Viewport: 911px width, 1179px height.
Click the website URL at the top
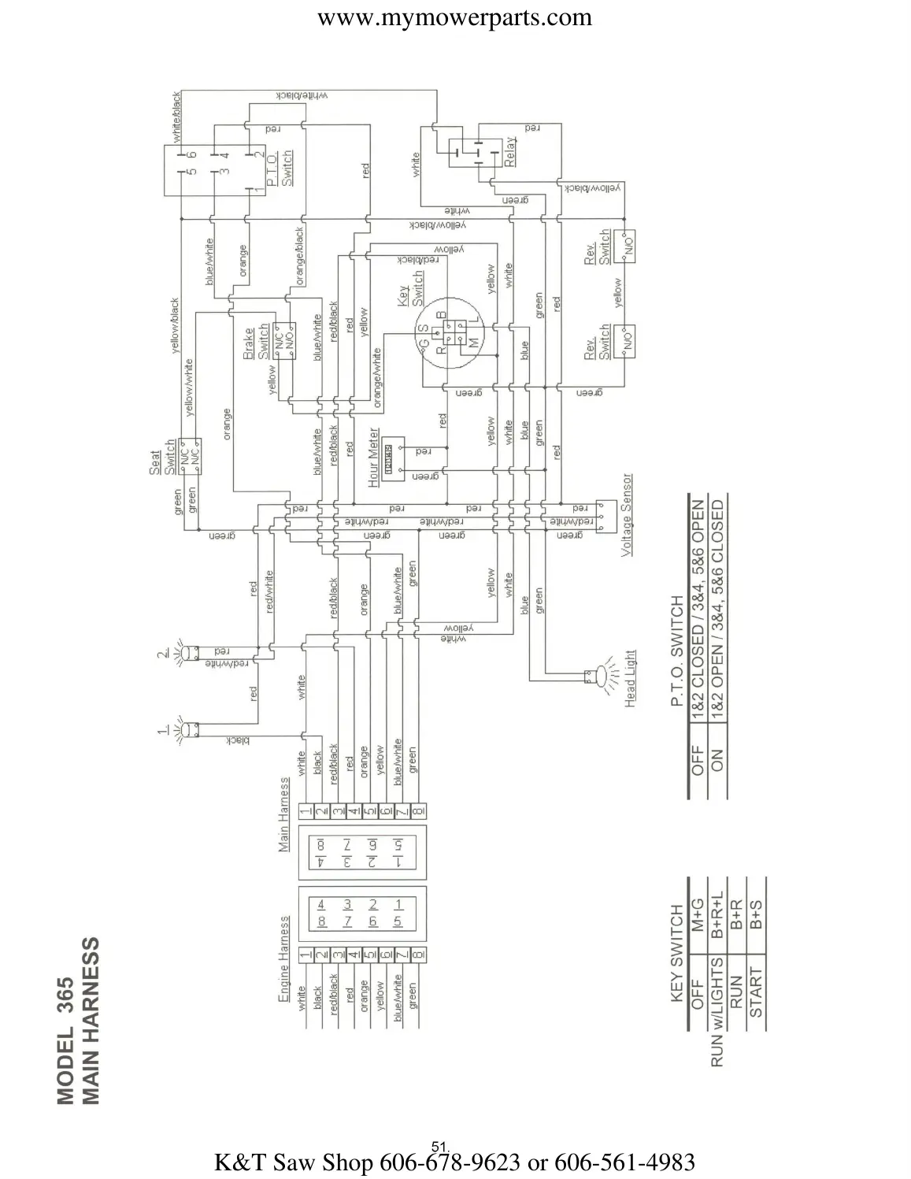click(x=454, y=17)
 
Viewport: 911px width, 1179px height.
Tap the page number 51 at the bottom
click(x=439, y=1144)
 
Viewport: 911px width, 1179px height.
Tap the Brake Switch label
click(x=256, y=343)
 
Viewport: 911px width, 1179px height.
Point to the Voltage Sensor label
click(x=628, y=515)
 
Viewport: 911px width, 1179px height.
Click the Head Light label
click(x=630, y=678)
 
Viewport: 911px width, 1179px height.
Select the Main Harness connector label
click(x=284, y=814)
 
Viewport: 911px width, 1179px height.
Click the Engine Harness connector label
click(x=284, y=958)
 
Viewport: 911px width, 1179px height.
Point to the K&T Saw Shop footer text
click(x=454, y=1162)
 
